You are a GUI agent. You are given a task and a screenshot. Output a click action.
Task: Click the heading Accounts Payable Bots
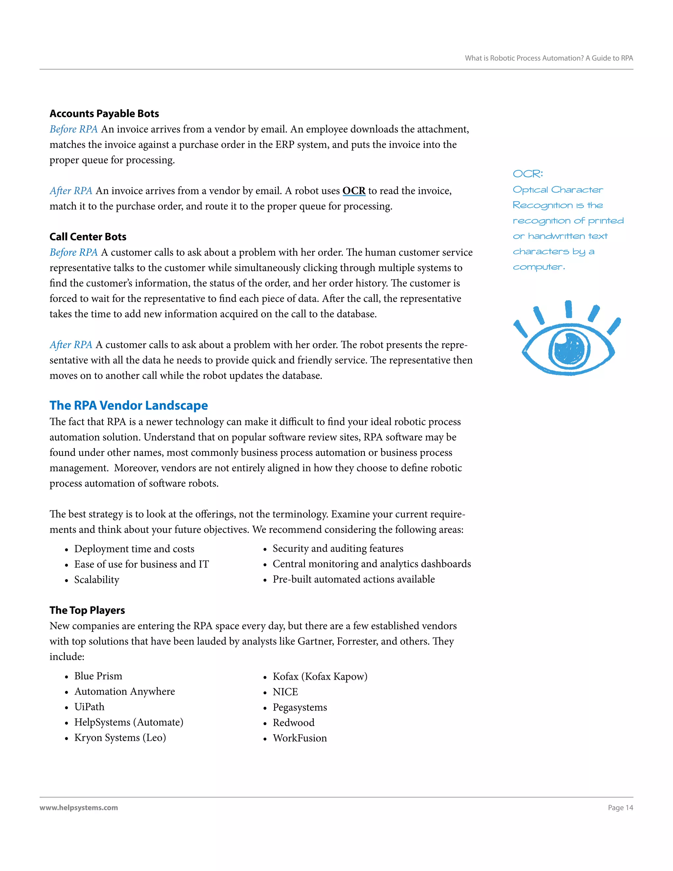click(104, 114)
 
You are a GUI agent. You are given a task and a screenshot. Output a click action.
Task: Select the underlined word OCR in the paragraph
click(354, 191)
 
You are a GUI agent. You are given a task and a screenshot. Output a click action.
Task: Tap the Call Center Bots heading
click(88, 237)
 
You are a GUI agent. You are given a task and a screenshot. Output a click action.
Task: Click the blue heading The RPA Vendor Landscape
click(128, 405)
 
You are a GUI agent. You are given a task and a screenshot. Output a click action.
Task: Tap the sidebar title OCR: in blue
click(527, 174)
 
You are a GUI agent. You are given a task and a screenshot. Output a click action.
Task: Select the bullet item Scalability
click(97, 579)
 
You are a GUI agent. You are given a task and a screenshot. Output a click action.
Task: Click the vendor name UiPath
click(89, 707)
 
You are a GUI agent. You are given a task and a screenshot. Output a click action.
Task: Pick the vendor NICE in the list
click(285, 692)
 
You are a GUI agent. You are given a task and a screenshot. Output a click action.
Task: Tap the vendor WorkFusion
click(299, 738)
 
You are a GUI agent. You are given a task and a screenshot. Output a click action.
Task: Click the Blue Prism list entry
click(98, 676)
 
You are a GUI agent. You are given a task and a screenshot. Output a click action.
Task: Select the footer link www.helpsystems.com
click(79, 808)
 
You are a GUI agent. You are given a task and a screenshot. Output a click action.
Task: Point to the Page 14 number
click(620, 808)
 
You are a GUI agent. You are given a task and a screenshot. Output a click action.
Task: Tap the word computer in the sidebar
click(538, 267)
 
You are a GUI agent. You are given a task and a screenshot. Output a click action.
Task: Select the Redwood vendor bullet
click(293, 723)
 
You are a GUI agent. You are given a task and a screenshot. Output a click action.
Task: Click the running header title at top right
click(548, 58)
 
